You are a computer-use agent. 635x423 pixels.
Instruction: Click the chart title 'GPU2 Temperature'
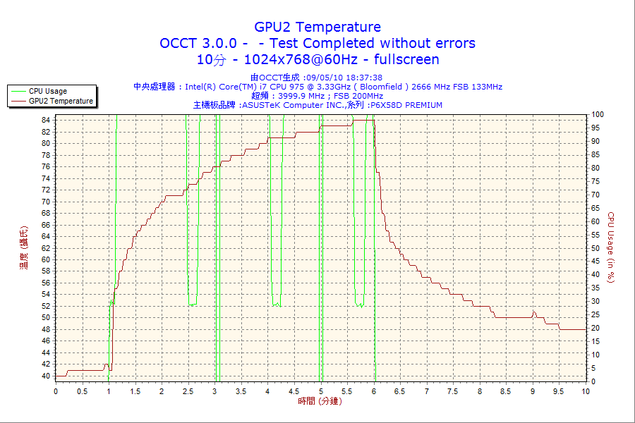317,27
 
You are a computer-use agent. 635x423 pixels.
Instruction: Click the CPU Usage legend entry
48,91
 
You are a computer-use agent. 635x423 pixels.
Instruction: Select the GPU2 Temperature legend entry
61,101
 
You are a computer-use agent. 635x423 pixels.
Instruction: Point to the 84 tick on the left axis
45,120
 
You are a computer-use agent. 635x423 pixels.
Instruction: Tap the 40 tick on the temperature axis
45,376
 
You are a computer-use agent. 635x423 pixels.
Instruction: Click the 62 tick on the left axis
45,248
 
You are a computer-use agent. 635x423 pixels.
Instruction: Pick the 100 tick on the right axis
598,114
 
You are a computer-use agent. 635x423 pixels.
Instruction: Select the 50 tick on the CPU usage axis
595,248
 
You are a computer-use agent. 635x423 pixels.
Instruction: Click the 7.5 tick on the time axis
453,391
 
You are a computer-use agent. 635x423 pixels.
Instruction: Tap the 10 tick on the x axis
586,391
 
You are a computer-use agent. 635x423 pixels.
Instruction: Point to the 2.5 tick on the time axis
188,391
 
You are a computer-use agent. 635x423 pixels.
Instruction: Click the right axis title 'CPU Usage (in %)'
611,247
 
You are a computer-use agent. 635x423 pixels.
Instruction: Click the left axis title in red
23,247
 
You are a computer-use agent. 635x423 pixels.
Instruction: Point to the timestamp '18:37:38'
365,78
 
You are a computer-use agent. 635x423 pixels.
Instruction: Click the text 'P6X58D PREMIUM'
406,105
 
